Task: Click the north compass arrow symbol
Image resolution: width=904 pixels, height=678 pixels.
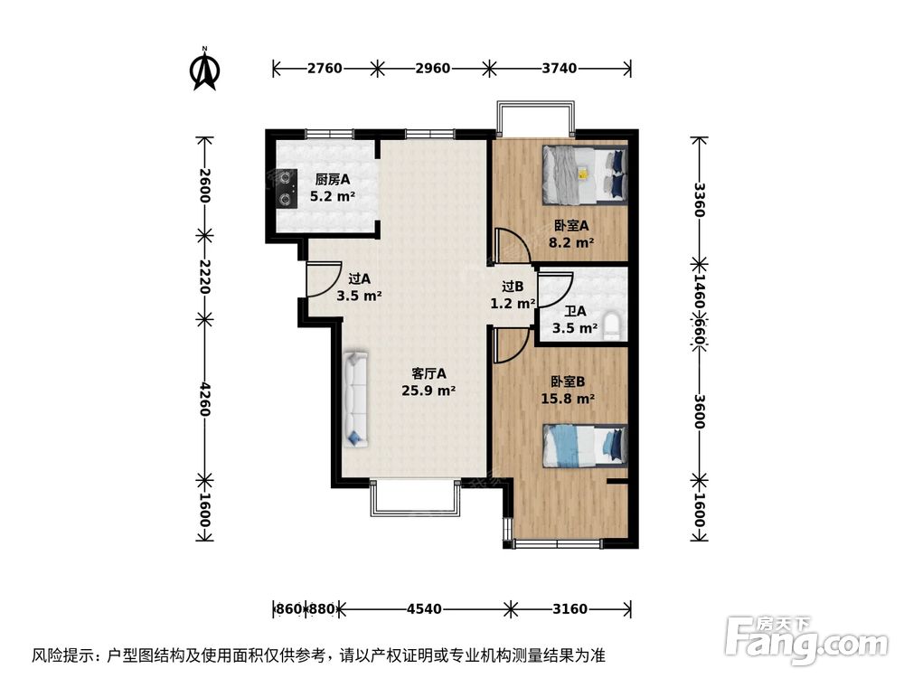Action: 206,71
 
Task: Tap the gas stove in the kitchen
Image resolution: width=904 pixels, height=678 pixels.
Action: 287,187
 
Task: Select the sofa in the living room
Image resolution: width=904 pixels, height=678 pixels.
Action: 355,399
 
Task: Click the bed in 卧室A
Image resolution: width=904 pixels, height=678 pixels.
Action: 584,174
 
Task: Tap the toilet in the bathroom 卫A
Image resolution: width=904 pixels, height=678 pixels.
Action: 612,325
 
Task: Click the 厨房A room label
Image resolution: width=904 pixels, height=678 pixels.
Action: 333,179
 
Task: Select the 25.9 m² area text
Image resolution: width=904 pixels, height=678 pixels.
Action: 428,391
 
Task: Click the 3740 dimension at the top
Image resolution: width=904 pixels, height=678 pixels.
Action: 559,68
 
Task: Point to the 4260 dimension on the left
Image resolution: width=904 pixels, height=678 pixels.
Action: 205,397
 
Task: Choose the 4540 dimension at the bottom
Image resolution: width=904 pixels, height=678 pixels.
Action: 424,609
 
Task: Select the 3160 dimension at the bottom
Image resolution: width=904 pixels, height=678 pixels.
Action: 570,609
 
